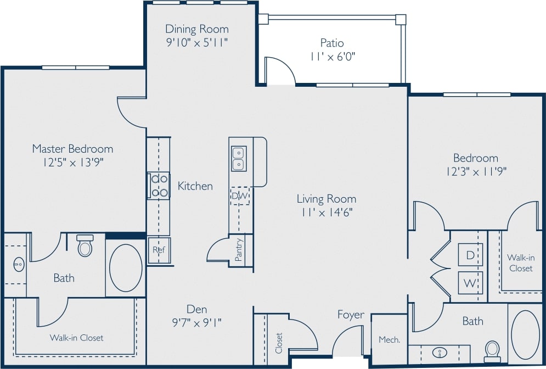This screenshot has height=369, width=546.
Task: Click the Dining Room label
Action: [x=197, y=29]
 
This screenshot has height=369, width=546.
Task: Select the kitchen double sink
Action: [x=239, y=158]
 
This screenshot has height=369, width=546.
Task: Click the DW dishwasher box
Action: [x=239, y=195]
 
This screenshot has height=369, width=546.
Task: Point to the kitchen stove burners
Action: [x=159, y=185]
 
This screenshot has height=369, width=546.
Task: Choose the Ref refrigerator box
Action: [x=159, y=250]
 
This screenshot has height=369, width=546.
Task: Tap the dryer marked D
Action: [x=470, y=255]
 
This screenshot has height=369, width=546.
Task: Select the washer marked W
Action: [x=470, y=283]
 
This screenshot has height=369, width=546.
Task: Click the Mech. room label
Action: [x=389, y=340]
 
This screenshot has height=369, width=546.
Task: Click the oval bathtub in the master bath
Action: [x=126, y=268]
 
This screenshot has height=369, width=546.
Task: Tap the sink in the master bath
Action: [x=18, y=265]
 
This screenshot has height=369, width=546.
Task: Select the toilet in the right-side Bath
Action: [x=492, y=350]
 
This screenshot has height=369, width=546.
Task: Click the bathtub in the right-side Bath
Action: [x=526, y=334]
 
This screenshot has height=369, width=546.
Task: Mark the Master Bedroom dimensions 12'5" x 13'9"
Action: [x=72, y=162]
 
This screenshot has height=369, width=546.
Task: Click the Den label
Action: [x=196, y=309]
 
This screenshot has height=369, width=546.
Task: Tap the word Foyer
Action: [x=351, y=315]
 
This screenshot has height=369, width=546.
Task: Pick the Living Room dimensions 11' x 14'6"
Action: [x=327, y=213]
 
